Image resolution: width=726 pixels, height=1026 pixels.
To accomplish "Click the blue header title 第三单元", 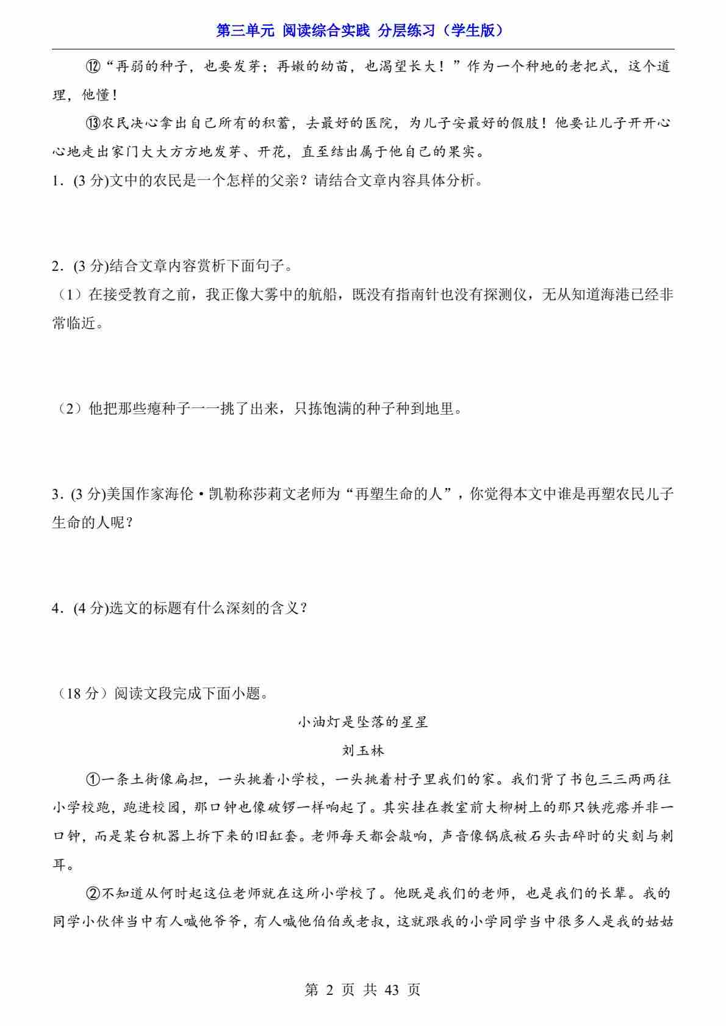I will coord(246,30).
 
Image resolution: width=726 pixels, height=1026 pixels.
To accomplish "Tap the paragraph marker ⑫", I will coord(93,66).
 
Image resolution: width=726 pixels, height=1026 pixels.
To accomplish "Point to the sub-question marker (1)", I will coord(70,295).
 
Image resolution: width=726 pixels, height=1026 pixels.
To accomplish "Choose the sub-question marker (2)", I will coord(70,409).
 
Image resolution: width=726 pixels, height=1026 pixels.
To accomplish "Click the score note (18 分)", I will coord(78,694).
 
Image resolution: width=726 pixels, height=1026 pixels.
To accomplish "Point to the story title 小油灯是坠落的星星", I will coord(363,722).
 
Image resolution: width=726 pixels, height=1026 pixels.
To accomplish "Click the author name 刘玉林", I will coord(363,750).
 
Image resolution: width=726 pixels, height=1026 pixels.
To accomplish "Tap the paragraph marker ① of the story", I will coord(93,780).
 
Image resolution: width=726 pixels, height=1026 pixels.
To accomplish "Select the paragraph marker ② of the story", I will coord(93,894).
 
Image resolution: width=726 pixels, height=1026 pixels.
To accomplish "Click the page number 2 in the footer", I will coord(330,989).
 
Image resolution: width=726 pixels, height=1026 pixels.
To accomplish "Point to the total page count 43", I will coord(391,989).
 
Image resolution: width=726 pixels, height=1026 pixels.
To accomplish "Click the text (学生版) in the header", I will coord(473,30).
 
